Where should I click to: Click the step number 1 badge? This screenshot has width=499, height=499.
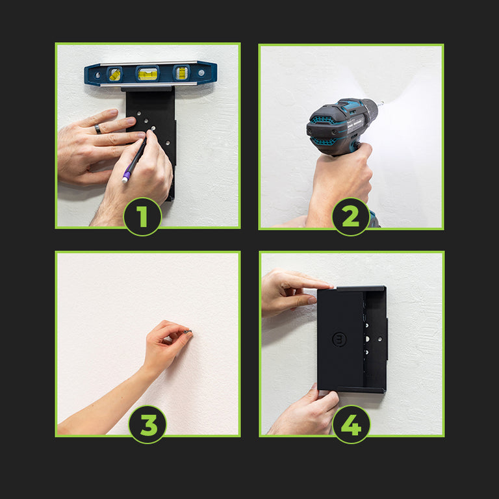[142, 217]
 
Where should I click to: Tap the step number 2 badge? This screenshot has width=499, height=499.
[351, 217]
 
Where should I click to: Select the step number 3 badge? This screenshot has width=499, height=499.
[147, 424]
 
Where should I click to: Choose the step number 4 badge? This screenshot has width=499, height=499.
[352, 424]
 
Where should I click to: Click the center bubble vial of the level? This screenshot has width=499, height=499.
[147, 74]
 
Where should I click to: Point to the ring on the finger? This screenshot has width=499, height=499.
[97, 129]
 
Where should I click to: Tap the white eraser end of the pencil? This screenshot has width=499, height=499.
[125, 180]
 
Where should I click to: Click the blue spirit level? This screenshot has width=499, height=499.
[151, 73]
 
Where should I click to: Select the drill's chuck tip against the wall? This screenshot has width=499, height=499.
[380, 103]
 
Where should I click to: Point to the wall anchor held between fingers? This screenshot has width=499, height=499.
[188, 332]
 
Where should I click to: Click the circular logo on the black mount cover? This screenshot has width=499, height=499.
[339, 339]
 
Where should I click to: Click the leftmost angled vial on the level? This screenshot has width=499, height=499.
[115, 75]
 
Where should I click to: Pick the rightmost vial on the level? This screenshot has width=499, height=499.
[181, 73]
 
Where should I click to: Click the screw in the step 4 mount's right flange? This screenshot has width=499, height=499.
[379, 339]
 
